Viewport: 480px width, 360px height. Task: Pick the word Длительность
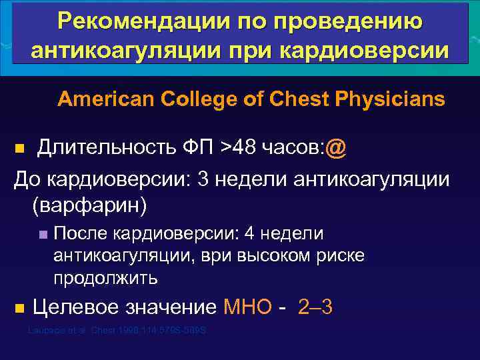pos(109,147)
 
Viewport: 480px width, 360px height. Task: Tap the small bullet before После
pos(43,235)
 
